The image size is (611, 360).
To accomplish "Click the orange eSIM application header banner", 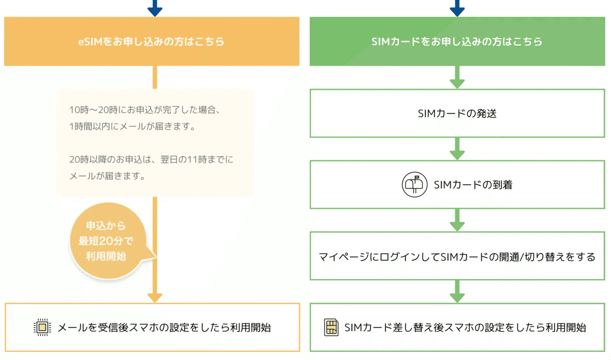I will [152, 41].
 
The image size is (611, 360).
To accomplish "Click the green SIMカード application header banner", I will [457, 41].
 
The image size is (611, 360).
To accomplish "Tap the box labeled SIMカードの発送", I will [457, 113].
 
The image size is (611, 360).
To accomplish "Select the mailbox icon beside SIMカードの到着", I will [414, 184].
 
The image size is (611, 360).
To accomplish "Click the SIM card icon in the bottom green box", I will [331, 327].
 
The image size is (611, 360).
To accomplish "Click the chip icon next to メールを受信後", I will [42, 327].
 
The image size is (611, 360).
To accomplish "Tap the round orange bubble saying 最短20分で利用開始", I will [106, 240].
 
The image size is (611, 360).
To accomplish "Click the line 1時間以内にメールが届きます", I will [132, 127].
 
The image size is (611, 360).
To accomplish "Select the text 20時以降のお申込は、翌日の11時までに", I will [151, 159].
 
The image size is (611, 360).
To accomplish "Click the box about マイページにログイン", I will [457, 256].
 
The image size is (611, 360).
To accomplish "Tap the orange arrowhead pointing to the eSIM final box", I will [155, 297].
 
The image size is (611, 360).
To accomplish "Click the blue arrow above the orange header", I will [155, 8].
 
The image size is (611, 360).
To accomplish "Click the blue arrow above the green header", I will [457, 8].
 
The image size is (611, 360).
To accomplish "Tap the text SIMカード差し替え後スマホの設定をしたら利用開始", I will [465, 327].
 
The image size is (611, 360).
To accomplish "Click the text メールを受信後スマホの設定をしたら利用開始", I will [164, 327].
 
